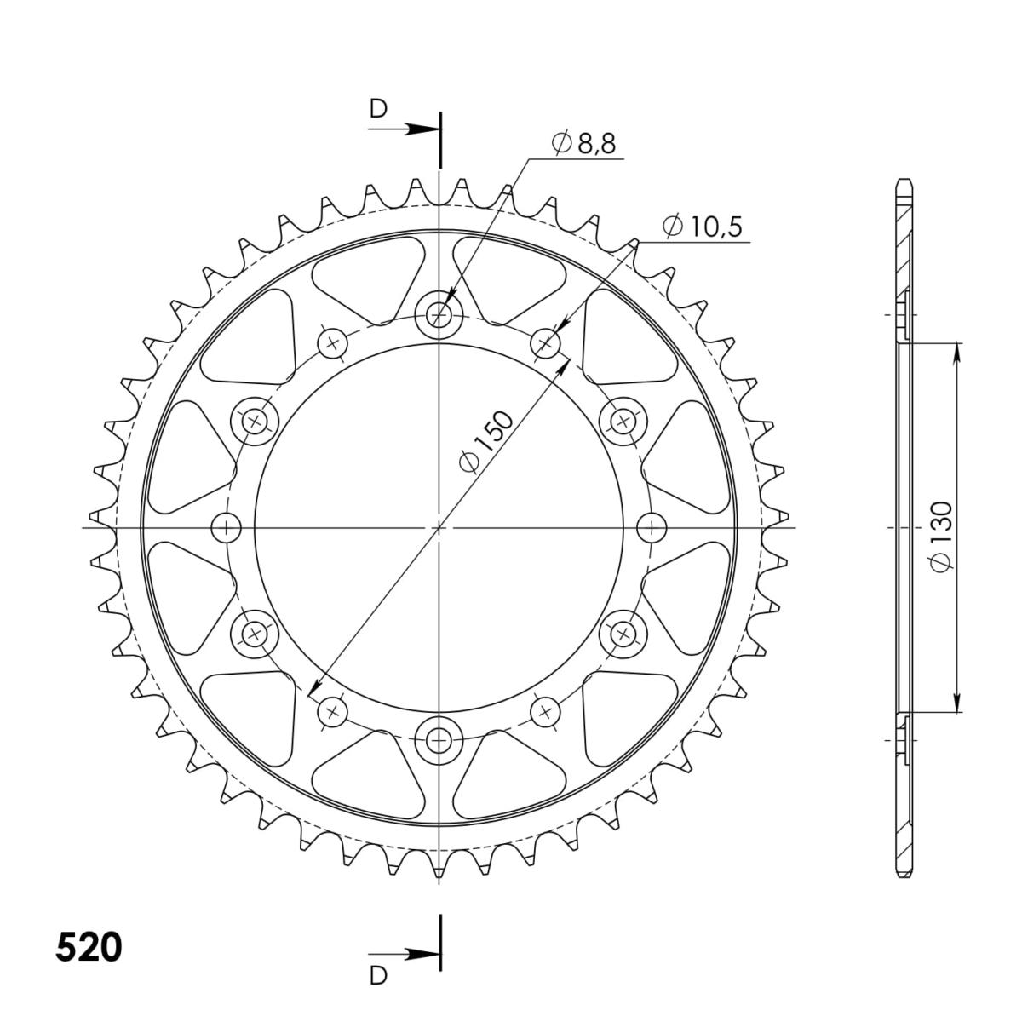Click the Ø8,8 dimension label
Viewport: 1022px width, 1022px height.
[x=583, y=143]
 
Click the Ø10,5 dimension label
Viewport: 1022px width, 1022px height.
[x=702, y=227]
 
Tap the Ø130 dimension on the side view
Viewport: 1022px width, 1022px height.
[x=942, y=537]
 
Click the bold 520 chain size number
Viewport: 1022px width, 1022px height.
[x=89, y=947]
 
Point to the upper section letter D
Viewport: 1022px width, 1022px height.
[x=378, y=109]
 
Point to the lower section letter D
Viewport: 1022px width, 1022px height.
[x=378, y=974]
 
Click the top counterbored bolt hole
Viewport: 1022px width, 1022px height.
[x=439, y=316]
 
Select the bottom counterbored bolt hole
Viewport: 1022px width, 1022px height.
[x=439, y=738]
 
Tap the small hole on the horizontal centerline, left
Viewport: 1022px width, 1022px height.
[x=227, y=528]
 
